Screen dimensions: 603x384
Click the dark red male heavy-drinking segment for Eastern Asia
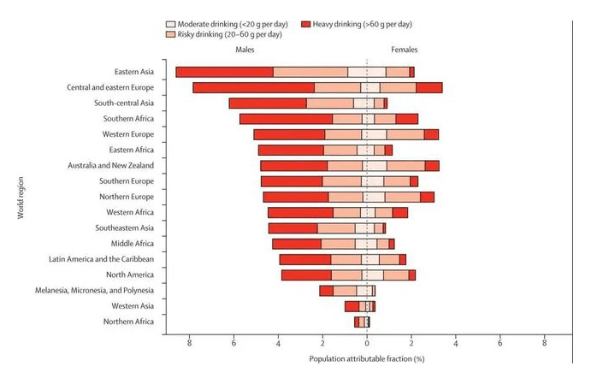(x=225, y=72)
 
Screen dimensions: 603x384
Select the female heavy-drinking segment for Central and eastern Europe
(x=429, y=87)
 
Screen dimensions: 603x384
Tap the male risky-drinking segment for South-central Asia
(x=330, y=103)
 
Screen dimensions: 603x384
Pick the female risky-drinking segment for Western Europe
(x=405, y=134)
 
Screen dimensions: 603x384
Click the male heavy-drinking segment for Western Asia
(x=352, y=306)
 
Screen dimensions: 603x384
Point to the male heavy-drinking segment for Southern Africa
(x=287, y=119)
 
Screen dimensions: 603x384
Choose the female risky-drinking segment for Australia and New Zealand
(x=406, y=166)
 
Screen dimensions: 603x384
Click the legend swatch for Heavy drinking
(x=305, y=24)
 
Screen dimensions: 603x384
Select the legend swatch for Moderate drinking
(x=170, y=24)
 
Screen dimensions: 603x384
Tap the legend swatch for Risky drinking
(x=170, y=34)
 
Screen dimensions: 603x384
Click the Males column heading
(x=245, y=50)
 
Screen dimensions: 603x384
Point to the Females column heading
(x=405, y=50)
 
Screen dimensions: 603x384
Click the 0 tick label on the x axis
(x=367, y=343)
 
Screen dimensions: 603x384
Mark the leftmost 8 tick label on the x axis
(x=189, y=343)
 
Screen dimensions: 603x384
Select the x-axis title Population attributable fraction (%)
(x=367, y=359)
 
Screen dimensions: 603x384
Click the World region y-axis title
(x=21, y=198)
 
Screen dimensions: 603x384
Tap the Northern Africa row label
(x=128, y=322)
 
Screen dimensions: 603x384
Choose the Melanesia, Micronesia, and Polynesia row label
(x=94, y=291)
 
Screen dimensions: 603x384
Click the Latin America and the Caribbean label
(x=101, y=259)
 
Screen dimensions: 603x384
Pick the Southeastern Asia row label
(x=125, y=228)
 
